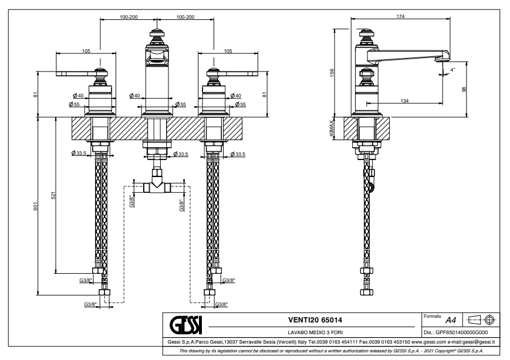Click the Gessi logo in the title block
coord(185,325)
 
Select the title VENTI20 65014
coord(315,320)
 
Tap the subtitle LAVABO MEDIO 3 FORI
coord(315,332)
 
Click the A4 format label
coord(451,320)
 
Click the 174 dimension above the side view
coord(400,16)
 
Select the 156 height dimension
coord(332,73)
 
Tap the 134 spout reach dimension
coord(404,101)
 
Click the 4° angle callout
coord(452,70)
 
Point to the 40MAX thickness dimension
coord(332,128)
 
